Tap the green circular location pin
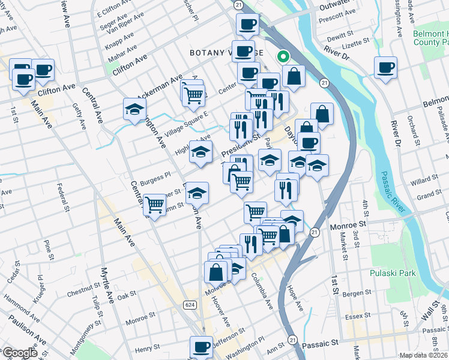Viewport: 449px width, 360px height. [x=282, y=57]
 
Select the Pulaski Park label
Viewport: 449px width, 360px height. [x=393, y=273]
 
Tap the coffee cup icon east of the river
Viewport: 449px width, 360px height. [x=385, y=67]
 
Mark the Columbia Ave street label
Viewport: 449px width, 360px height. [x=262, y=292]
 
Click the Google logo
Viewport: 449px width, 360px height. [x=19, y=353]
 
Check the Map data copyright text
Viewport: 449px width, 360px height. [x=423, y=355]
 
